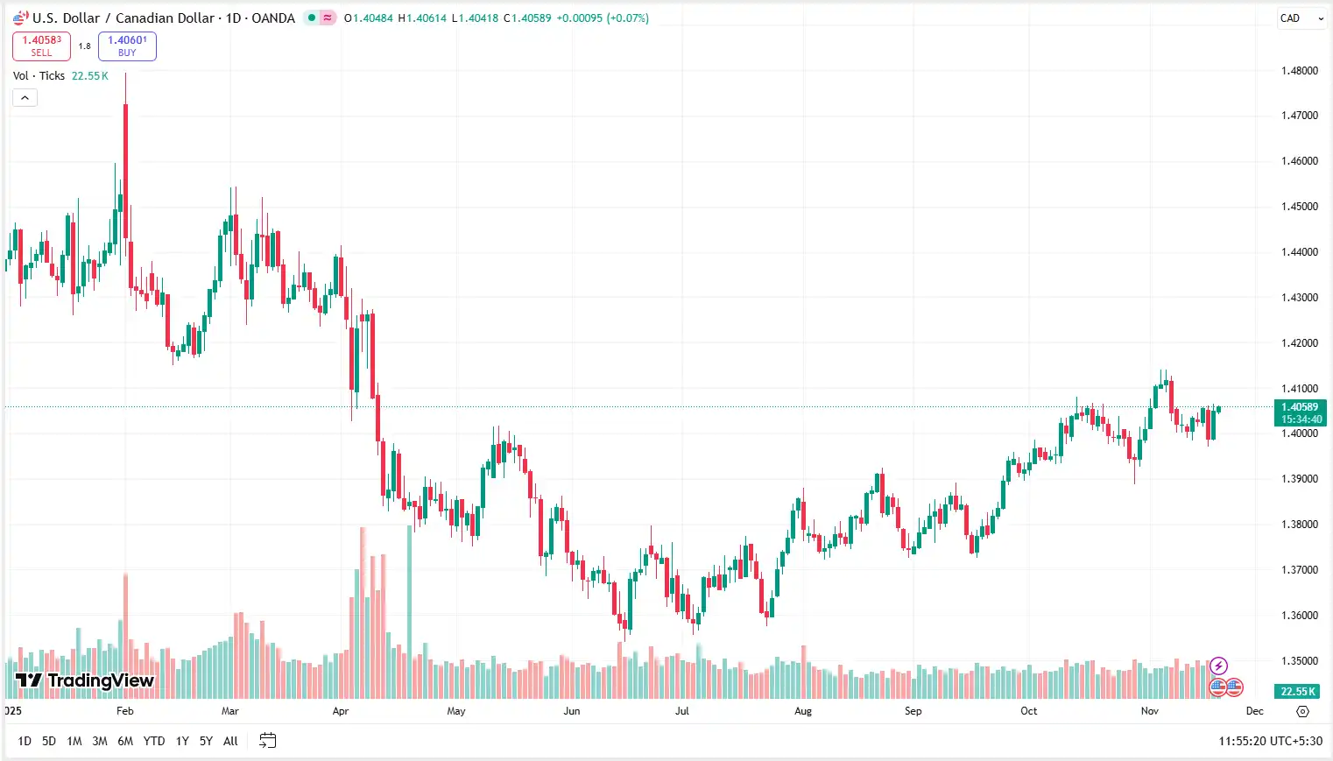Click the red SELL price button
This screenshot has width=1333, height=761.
[41, 46]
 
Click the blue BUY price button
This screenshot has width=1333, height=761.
[127, 46]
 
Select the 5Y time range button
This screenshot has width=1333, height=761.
[206, 741]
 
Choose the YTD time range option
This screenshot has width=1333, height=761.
[154, 741]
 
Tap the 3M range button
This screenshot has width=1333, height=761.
[100, 741]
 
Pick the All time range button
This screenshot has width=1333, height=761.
[230, 741]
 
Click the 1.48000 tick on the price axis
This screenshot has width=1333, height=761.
[1299, 71]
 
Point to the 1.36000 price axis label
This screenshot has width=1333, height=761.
[1299, 616]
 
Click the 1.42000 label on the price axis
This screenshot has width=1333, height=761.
[1299, 343]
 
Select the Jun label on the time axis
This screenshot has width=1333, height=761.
[572, 711]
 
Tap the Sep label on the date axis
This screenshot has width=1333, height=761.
[913, 711]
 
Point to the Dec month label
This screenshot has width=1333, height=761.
[1255, 711]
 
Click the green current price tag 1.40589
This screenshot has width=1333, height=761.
[1300, 412]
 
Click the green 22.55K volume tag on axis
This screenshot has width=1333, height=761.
[1298, 691]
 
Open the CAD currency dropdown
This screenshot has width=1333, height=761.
[1301, 18]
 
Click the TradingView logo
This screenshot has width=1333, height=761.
[85, 680]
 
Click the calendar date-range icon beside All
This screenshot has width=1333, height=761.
[268, 741]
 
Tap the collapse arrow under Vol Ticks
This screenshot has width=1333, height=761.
[25, 98]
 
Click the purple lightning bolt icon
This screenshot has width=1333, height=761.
[1218, 666]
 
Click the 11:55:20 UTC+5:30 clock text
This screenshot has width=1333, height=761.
[1270, 741]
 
